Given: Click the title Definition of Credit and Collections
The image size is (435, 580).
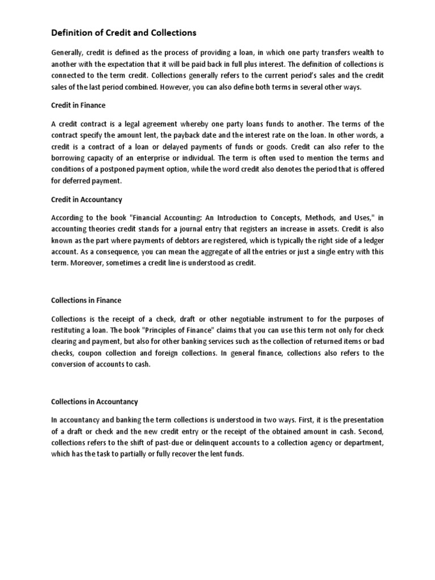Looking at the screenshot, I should pyautogui.click(x=124, y=33).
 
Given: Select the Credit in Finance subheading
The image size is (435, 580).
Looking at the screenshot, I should pyautogui.click(x=78, y=105).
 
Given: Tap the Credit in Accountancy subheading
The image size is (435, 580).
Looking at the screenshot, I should pyautogui.click(x=87, y=200).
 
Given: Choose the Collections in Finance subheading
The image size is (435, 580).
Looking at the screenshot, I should pyautogui.click(x=86, y=300).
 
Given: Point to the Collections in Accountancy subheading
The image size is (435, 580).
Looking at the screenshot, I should pyautogui.click(x=95, y=402).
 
